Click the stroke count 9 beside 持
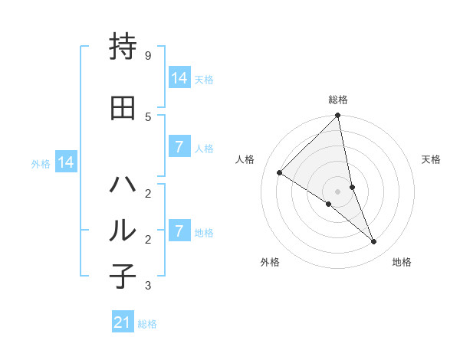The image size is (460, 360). pyautogui.click(x=147, y=56)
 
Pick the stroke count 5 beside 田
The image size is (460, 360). pyautogui.click(x=147, y=116)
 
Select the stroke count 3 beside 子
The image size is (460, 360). pyautogui.click(x=147, y=286)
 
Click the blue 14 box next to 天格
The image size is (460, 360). pyautogui.click(x=179, y=78)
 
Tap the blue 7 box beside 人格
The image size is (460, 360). pyautogui.click(x=179, y=147)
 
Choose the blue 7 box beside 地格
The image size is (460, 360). pyautogui.click(x=179, y=231)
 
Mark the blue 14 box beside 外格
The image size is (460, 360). pyautogui.click(x=65, y=162)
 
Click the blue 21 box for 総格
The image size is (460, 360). pyautogui.click(x=123, y=322)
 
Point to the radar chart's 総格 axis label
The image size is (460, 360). pyautogui.click(x=338, y=100)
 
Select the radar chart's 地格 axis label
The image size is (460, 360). pyautogui.click(x=402, y=262)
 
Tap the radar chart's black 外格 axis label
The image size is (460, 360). pyautogui.click(x=270, y=262)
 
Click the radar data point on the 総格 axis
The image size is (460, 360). pyautogui.click(x=338, y=116)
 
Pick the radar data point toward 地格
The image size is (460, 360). pyautogui.click(x=374, y=242)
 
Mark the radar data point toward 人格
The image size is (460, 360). pyautogui.click(x=280, y=172)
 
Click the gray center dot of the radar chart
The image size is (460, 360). pyautogui.click(x=338, y=191)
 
